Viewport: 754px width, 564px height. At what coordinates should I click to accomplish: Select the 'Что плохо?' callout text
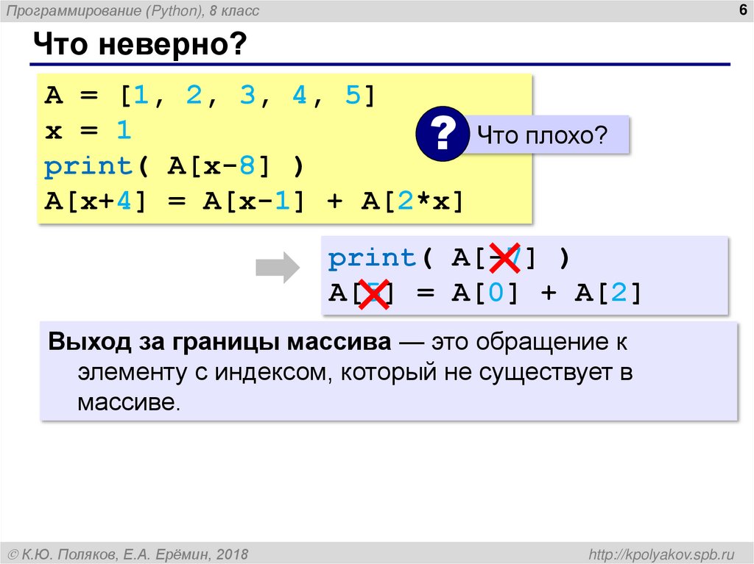[x=541, y=135]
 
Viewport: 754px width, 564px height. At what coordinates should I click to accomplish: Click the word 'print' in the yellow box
[x=87, y=167]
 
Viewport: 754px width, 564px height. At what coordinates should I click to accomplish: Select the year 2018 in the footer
[x=231, y=553]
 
